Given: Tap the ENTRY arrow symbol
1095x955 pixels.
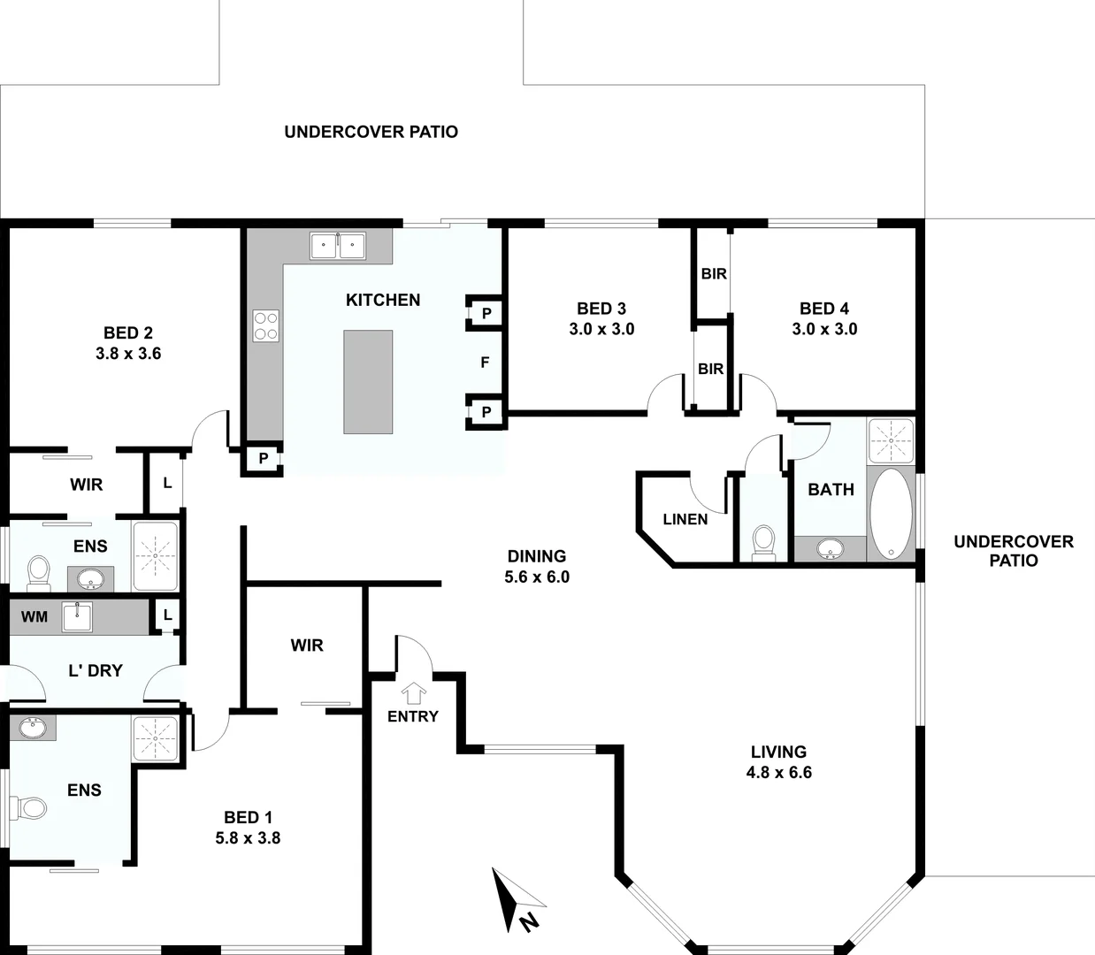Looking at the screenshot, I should [413, 692].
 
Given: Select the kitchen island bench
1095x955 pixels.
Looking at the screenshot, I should [368, 382].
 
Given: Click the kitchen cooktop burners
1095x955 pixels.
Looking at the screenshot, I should [266, 325].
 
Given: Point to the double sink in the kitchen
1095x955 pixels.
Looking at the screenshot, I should [338, 245].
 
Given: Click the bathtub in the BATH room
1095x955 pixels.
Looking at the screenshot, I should [892, 514].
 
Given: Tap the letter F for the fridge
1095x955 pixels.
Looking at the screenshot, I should [485, 363].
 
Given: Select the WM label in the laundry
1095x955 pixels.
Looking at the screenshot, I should [34, 616].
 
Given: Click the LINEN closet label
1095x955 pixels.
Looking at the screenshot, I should [685, 519].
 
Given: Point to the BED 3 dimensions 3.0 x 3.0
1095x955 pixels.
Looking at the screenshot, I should [601, 329].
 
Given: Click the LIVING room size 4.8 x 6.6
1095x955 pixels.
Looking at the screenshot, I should [778, 772].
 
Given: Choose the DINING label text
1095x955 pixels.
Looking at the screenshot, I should [537, 556].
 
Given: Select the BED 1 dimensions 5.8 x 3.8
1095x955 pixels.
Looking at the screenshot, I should [248, 837].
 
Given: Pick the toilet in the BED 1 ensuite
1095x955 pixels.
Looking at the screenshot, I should [30, 807].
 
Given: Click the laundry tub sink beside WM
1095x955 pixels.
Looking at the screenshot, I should [78, 615].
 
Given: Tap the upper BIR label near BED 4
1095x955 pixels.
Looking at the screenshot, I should [714, 274].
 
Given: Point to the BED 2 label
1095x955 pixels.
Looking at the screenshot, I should [128, 333].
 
